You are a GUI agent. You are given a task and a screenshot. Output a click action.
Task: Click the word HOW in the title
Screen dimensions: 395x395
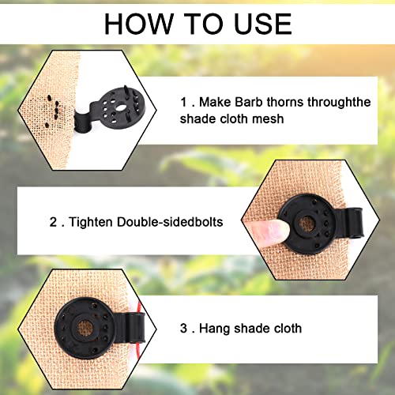point(135,24)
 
